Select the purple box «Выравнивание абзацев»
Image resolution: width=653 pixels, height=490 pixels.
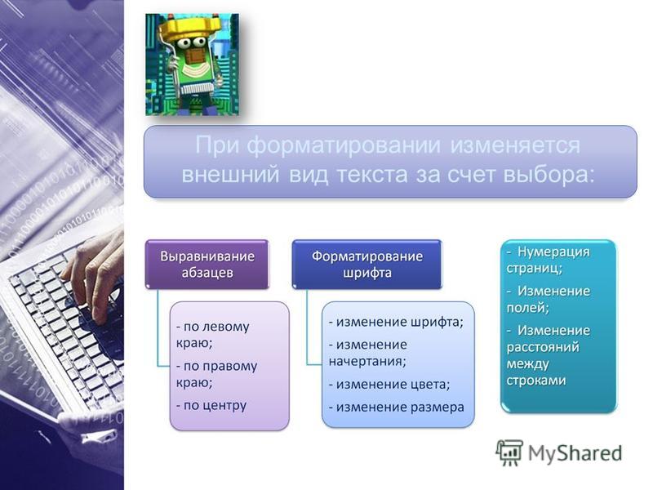207,264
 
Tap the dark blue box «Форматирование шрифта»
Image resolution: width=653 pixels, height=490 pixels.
366,264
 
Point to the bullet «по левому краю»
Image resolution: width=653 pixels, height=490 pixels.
212,335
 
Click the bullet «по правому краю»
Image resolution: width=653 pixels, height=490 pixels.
216,374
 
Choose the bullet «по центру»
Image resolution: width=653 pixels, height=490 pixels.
211,405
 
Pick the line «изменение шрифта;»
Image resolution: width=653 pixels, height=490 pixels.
396,322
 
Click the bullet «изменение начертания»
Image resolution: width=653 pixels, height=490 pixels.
368,353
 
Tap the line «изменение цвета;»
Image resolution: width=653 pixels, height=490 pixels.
389,384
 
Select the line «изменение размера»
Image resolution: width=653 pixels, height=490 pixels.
396,407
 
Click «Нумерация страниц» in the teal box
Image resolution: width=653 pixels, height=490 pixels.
548,260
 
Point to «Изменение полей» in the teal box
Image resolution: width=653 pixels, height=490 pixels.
548,299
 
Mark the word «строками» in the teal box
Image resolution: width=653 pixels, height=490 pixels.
536,381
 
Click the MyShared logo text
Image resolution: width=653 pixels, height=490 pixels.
575,454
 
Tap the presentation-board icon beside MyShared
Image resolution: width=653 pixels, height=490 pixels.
509,453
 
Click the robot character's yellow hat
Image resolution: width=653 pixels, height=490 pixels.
191,29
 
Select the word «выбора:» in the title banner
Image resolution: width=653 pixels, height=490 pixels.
549,175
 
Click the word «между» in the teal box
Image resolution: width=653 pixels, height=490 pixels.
527,364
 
